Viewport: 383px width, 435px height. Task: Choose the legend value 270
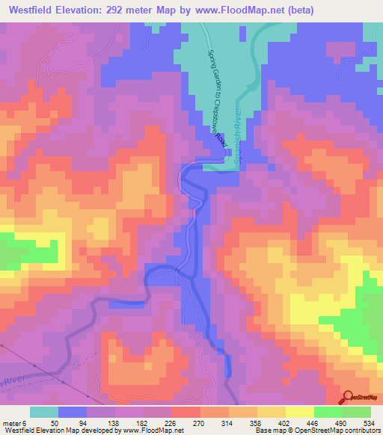(200, 423)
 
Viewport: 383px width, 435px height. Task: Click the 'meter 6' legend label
(15, 423)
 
